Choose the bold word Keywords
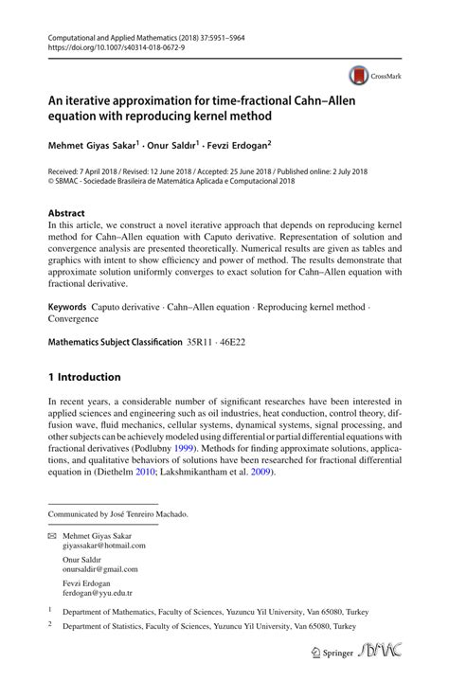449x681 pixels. [67, 309]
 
